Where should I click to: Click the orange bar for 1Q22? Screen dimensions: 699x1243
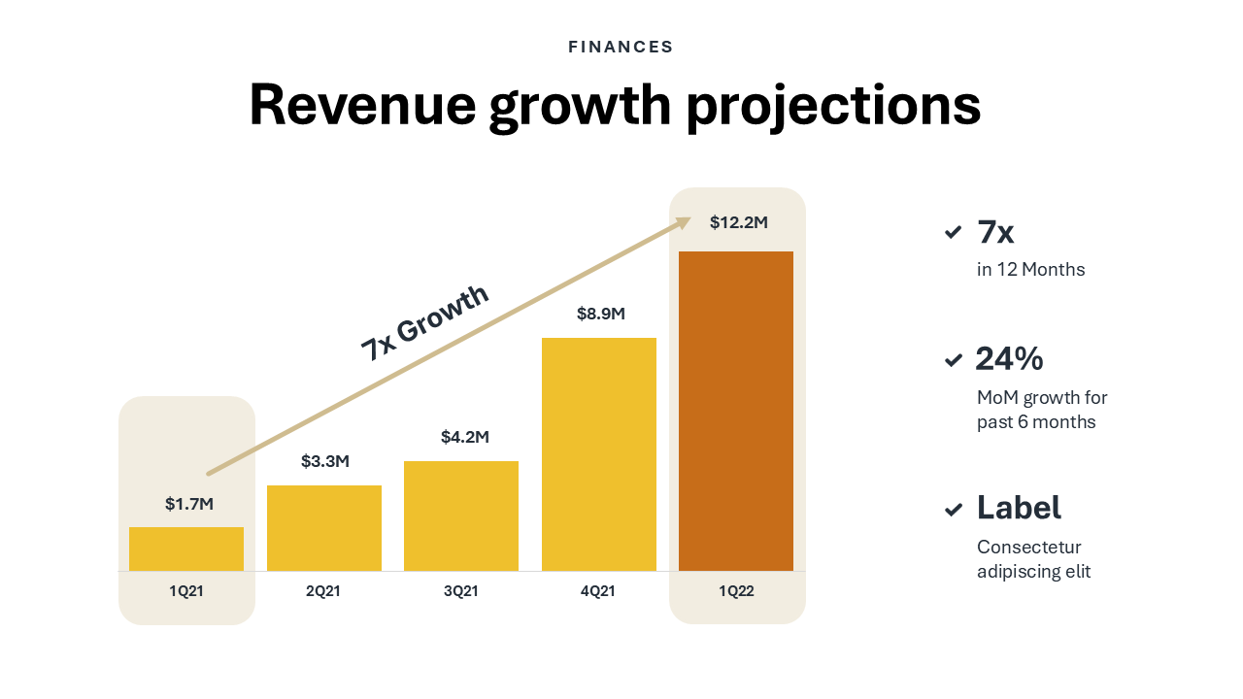click(736, 411)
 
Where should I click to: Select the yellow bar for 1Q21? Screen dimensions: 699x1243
click(186, 549)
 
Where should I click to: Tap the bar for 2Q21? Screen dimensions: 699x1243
click(324, 528)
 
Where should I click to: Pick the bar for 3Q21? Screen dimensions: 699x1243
click(461, 516)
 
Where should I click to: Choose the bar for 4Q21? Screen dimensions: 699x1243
click(599, 454)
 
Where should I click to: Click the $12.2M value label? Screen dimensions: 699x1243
click(739, 222)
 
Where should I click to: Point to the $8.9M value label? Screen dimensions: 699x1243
click(601, 314)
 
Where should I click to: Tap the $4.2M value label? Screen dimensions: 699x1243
click(465, 437)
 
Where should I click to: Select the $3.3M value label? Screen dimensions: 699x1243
click(325, 461)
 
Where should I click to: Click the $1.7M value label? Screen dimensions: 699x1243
click(189, 504)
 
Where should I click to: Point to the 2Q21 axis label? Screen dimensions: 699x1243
click(323, 591)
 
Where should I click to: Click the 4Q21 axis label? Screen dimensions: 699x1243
click(598, 591)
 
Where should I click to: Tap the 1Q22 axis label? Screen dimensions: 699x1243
click(736, 591)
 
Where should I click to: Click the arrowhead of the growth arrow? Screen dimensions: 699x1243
click(684, 222)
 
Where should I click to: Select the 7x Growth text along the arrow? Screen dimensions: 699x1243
click(425, 323)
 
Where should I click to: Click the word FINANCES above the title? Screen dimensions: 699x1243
click(621, 47)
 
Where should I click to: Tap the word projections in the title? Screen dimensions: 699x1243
click(833, 105)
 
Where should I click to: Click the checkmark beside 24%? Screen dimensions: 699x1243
click(954, 360)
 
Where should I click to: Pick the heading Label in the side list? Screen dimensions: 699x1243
click(1019, 508)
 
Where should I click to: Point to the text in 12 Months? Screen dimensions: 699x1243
click(1030, 270)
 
